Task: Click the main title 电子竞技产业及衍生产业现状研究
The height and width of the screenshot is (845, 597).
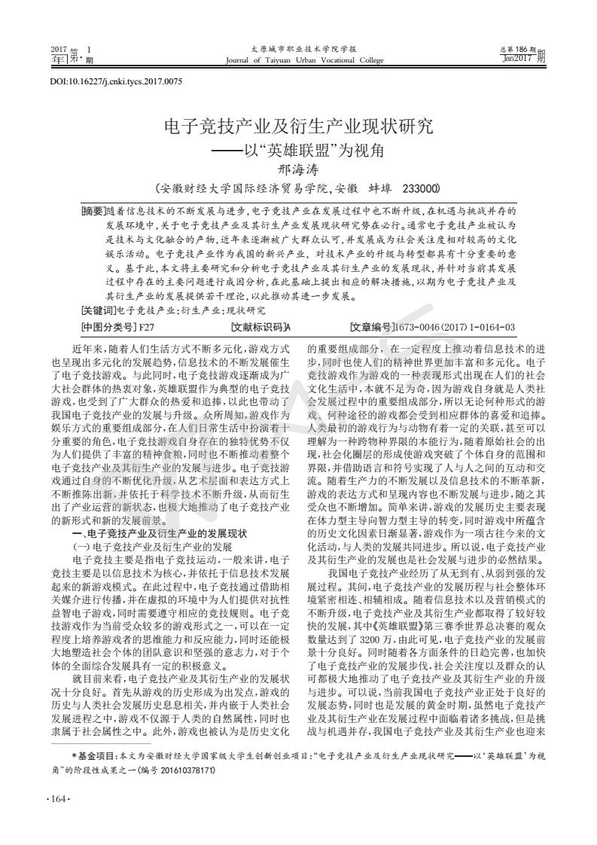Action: [299, 127]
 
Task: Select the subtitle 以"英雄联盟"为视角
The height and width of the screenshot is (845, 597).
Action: [309, 150]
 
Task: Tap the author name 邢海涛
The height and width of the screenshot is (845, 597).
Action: [299, 169]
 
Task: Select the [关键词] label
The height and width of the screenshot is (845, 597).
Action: [99, 310]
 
